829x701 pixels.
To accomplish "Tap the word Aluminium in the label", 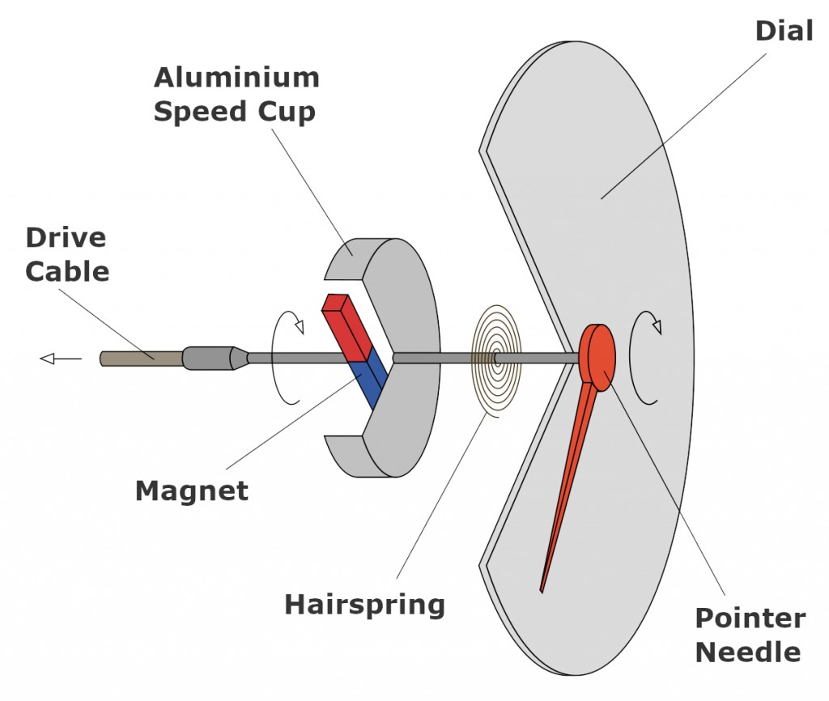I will click(236, 79).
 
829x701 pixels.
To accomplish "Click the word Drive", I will click(65, 238).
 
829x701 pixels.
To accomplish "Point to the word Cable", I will click(66, 270).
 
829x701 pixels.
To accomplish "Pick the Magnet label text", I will click(191, 491).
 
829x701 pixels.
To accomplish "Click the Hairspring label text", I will click(364, 604).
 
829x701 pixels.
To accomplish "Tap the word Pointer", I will click(750, 619).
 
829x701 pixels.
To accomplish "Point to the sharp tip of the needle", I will click(542, 590).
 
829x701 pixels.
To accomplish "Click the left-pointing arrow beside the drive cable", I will click(61, 359).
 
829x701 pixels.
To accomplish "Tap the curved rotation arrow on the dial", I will click(645, 357).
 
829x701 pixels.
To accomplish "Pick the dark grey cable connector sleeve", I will click(206, 358).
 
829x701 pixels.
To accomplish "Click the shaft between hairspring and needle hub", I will click(542, 358).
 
